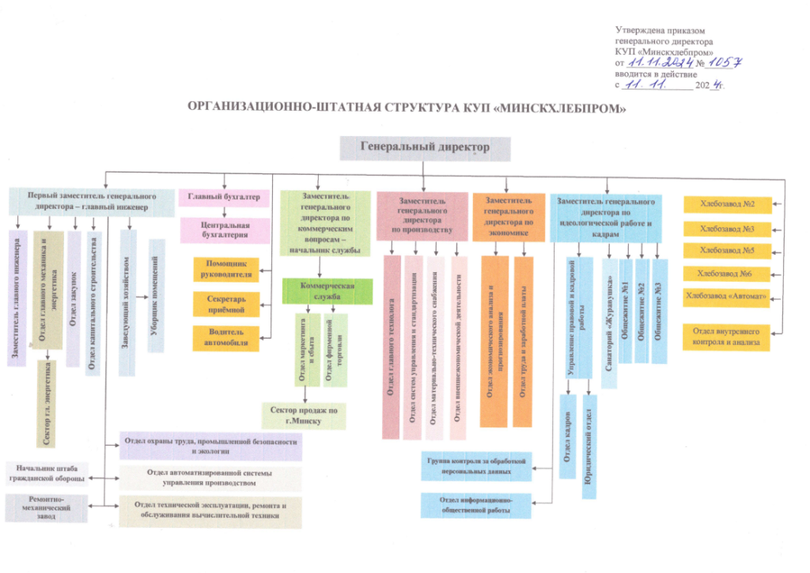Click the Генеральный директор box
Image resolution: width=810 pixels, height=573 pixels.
click(x=425, y=147)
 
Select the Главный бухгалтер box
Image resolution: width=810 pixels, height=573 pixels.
click(x=225, y=197)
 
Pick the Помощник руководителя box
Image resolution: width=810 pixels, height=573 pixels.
click(x=228, y=269)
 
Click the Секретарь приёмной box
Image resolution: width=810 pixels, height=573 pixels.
click(x=228, y=304)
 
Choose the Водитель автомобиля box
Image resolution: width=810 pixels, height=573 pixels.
click(x=228, y=337)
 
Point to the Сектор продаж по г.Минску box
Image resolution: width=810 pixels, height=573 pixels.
click(x=304, y=415)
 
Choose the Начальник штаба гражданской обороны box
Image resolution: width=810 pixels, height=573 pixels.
click(x=46, y=472)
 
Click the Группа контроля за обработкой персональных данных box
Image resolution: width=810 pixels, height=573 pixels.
click(x=476, y=466)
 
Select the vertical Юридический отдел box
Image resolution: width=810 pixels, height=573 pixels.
click(x=589, y=448)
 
